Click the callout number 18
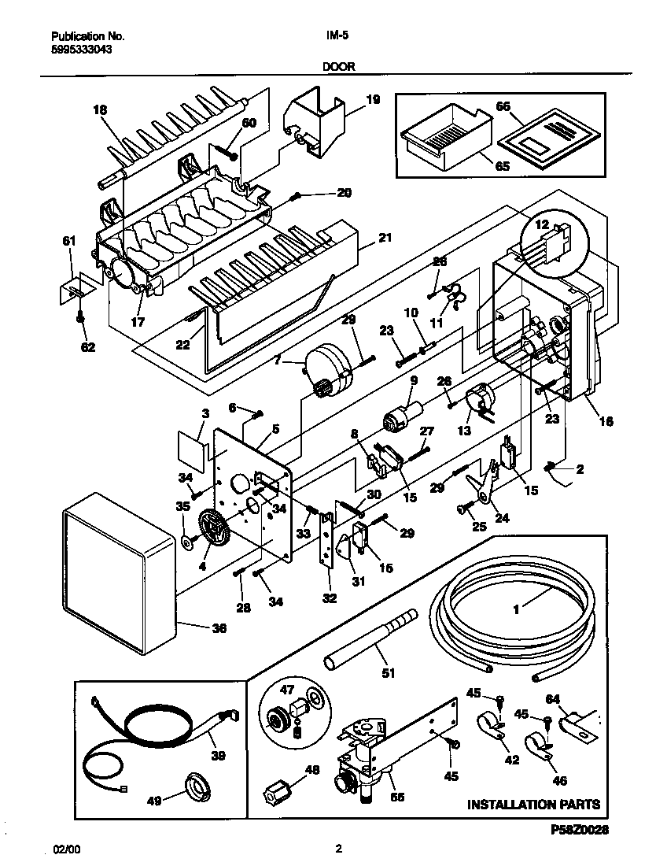click(x=100, y=110)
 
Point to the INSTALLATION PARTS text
click(x=533, y=804)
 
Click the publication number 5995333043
click(x=82, y=50)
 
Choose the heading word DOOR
click(x=339, y=66)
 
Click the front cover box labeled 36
click(x=120, y=571)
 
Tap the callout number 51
click(x=389, y=672)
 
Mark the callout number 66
click(x=503, y=106)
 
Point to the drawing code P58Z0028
click(x=579, y=830)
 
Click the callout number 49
click(x=154, y=800)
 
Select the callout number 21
click(x=385, y=238)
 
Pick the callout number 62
click(x=88, y=347)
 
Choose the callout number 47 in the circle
click(x=287, y=690)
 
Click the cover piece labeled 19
click(x=315, y=123)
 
